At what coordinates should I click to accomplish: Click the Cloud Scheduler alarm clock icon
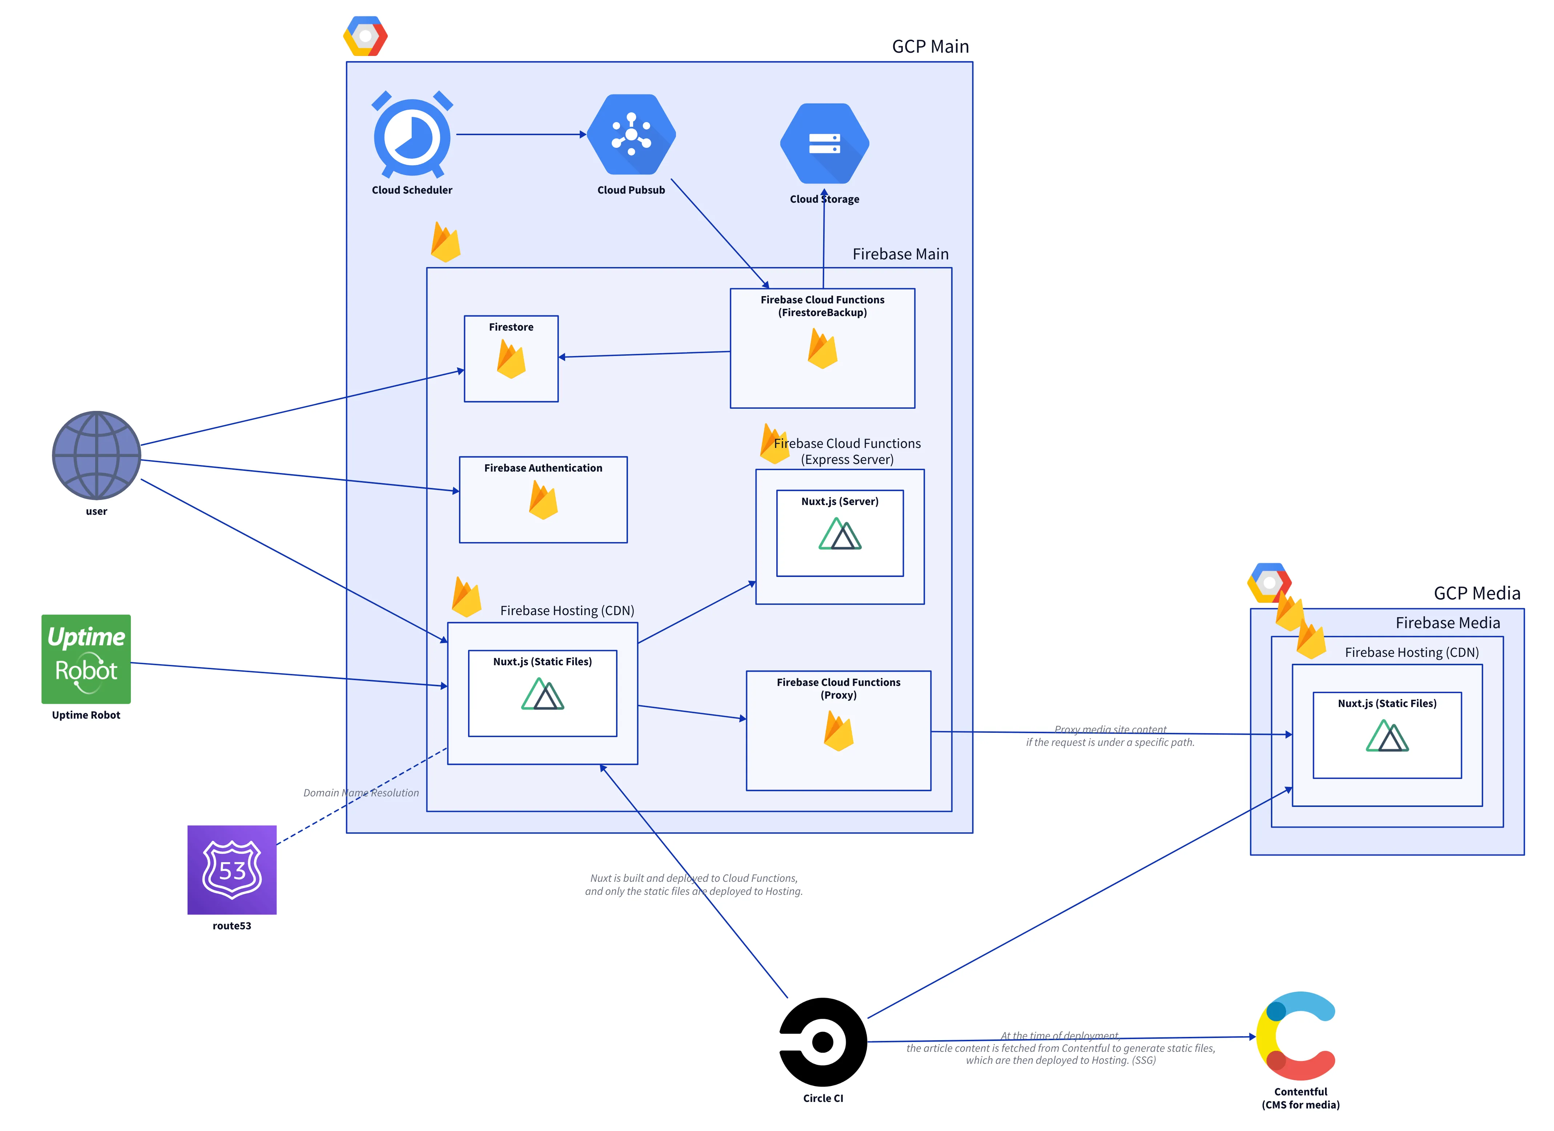pos(412,135)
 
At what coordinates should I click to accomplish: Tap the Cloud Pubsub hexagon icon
pos(631,134)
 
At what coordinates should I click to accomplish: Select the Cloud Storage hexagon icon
pos(824,144)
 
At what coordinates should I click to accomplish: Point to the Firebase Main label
pos(900,254)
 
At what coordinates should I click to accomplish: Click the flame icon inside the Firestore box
pos(511,360)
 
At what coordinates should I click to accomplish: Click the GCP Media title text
pos(1477,593)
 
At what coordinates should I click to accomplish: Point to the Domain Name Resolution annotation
pos(361,793)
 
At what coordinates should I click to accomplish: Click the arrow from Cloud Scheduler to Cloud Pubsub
pos(521,134)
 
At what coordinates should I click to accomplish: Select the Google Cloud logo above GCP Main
pos(365,36)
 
